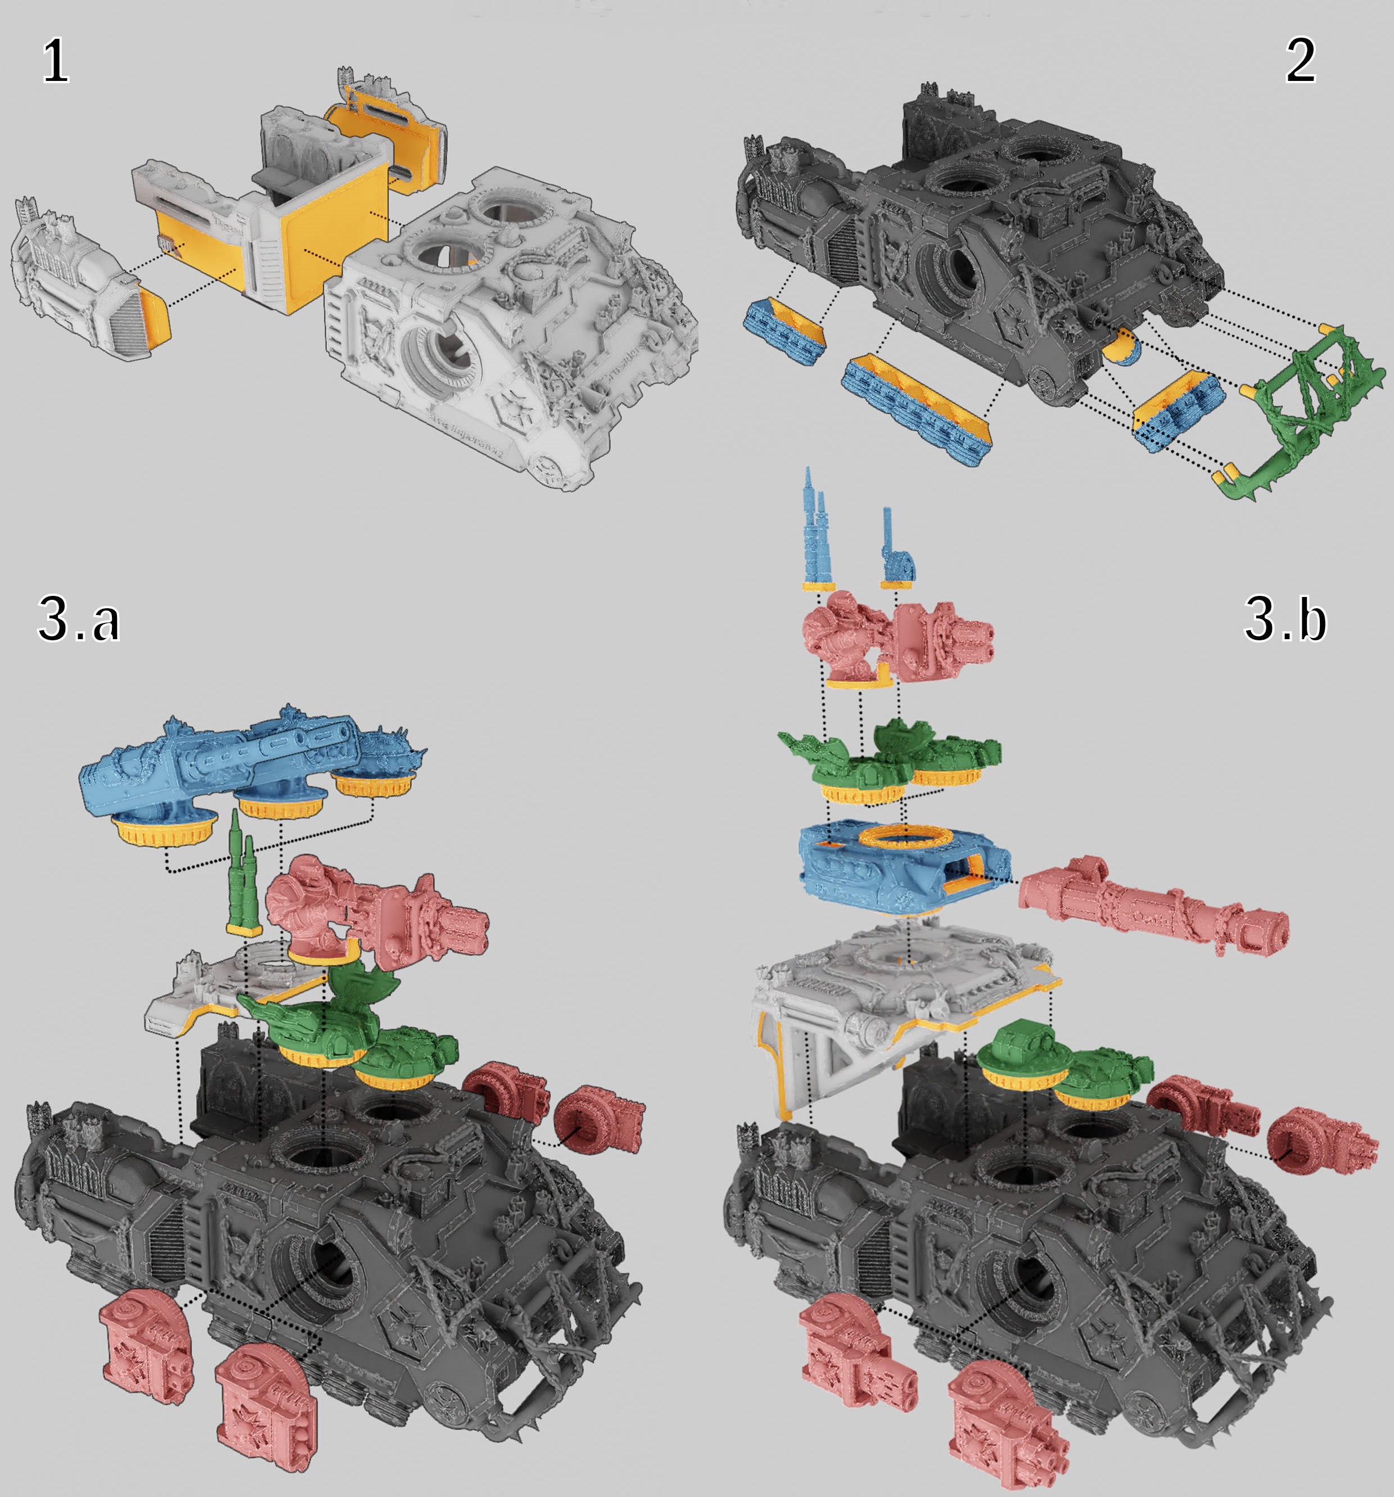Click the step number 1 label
tap(55, 61)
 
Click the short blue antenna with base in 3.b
tap(896, 550)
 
